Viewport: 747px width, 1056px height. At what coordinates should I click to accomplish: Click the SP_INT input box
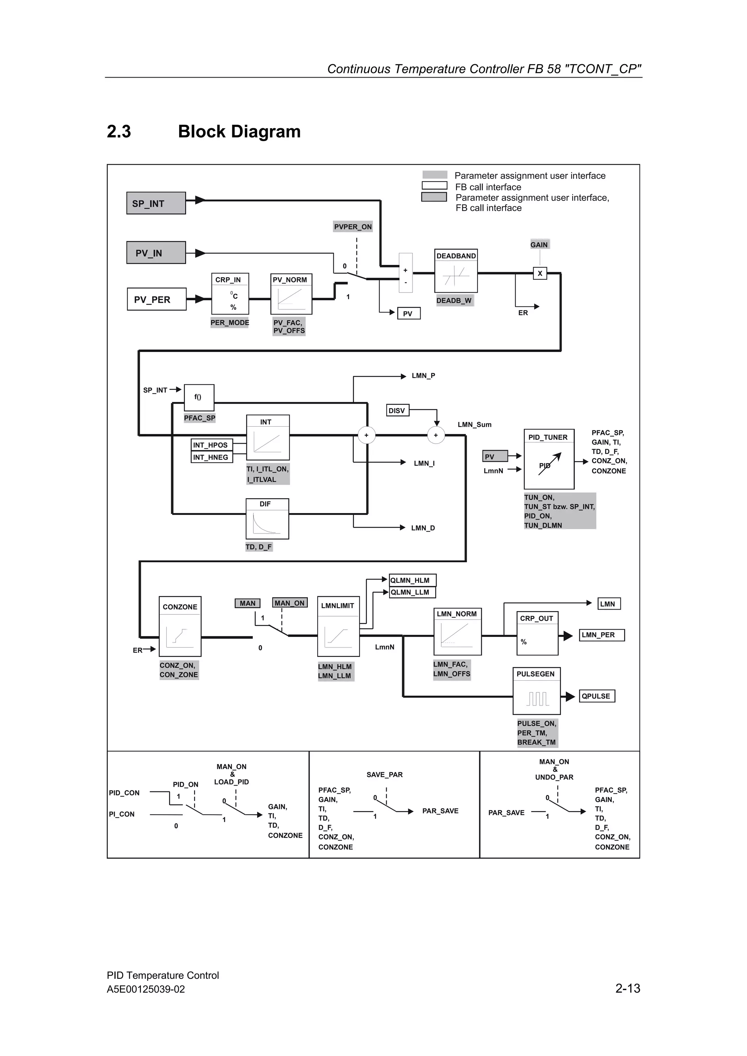tap(156, 203)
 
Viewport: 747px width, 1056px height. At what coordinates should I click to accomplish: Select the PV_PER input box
tap(156, 300)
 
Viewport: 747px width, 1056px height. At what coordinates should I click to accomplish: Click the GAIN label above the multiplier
tap(539, 245)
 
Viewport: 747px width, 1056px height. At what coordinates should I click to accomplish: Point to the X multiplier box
tap(540, 273)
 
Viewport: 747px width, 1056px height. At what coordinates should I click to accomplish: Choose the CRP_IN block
tap(230, 294)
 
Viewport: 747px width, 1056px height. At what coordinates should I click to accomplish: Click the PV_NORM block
tap(291, 294)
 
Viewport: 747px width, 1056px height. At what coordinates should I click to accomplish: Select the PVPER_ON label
tap(353, 227)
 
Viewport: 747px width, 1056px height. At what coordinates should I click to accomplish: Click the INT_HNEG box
tap(212, 457)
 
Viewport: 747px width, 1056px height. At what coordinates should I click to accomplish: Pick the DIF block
tap(267, 519)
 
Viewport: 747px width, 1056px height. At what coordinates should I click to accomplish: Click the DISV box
tap(397, 410)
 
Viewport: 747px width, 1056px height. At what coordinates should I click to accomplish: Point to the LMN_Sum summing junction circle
tap(436, 435)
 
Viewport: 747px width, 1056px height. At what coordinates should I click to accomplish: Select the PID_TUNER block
tap(549, 459)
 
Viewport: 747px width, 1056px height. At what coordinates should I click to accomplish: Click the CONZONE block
tap(180, 626)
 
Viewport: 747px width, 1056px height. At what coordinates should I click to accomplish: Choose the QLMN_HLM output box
tap(412, 580)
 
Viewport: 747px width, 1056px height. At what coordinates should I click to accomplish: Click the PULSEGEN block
tap(536, 691)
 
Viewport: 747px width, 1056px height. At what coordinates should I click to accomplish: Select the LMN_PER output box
tap(601, 635)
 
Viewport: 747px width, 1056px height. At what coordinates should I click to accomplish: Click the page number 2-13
tap(627, 988)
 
